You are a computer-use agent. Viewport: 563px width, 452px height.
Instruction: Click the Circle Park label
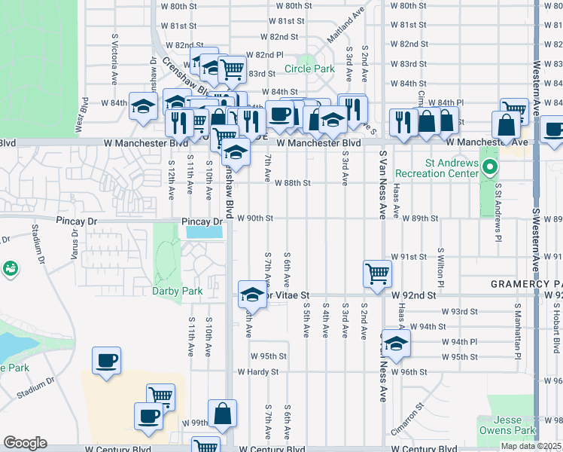(309, 69)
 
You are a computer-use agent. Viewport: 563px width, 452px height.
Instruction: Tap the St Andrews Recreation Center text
(437, 168)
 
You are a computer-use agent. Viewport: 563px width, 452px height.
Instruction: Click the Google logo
(25, 443)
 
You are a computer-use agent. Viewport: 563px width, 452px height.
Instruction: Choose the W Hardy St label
(258, 371)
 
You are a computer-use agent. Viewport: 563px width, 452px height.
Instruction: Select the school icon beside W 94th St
(394, 344)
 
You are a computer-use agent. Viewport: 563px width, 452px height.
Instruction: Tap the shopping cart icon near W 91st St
(376, 274)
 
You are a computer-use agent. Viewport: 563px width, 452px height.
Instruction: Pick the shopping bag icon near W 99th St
(223, 413)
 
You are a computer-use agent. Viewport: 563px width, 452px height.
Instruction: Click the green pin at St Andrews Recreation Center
(490, 166)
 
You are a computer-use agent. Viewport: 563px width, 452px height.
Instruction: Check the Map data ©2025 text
(531, 446)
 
